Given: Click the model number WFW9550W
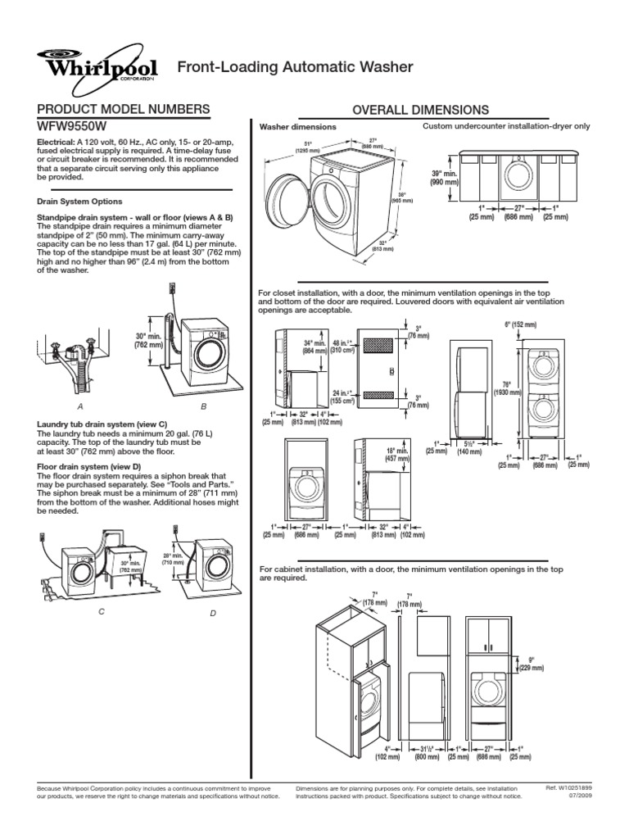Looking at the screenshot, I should click(x=73, y=127).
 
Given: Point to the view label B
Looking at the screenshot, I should click(x=203, y=406).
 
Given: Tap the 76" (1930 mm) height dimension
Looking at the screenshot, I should click(x=506, y=388).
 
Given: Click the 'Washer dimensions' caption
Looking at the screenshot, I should click(x=297, y=128).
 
